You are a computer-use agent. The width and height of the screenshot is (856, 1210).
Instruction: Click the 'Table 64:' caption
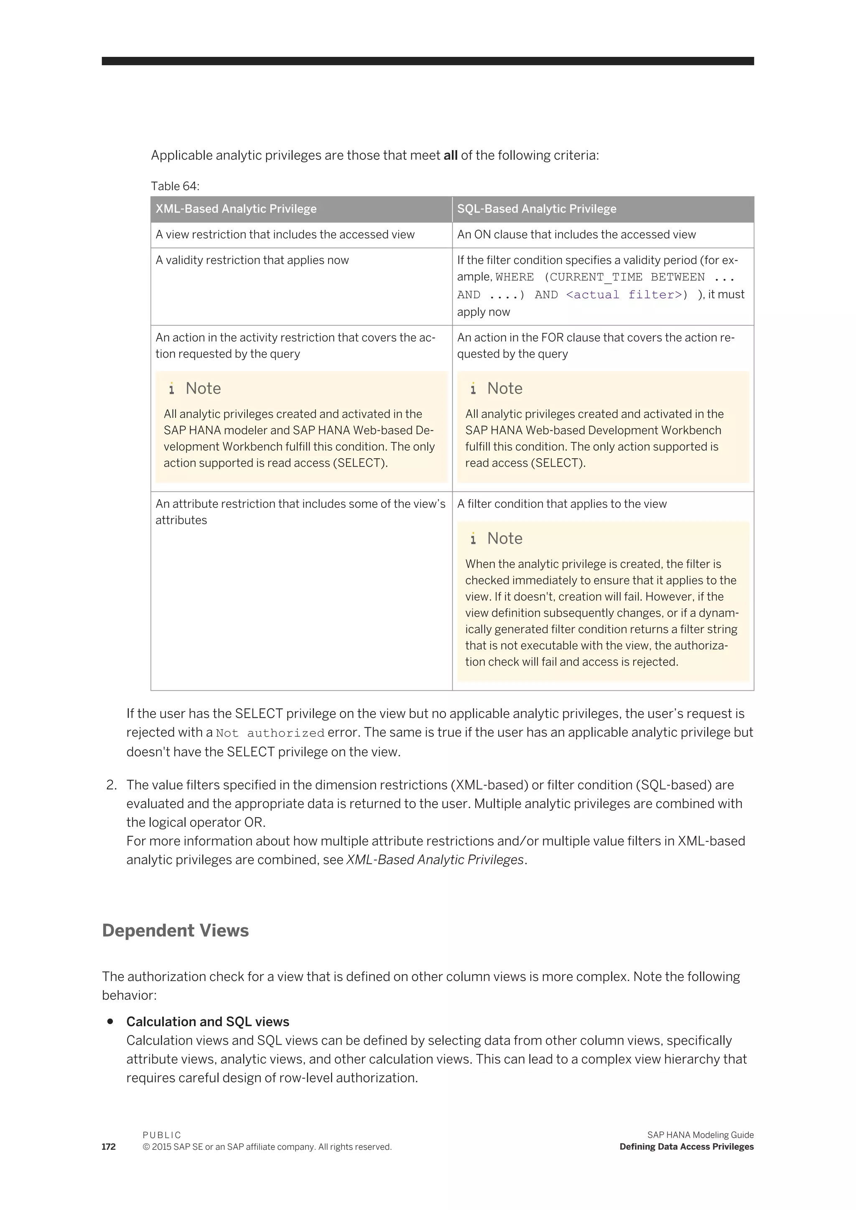pos(175,186)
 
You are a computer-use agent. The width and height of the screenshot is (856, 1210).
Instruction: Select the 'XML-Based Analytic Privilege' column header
pos(236,208)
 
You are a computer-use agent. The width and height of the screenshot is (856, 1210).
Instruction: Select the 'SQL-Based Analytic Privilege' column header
pos(536,208)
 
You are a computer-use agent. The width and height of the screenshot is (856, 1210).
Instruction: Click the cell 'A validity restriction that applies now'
pos(252,260)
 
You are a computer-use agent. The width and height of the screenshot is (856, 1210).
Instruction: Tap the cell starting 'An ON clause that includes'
pos(576,234)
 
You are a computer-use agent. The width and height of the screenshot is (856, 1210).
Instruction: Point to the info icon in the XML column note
pos(171,389)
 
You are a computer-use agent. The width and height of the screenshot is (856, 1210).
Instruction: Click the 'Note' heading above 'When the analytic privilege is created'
pos(504,538)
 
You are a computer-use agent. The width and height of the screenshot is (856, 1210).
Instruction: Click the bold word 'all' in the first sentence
pos(450,155)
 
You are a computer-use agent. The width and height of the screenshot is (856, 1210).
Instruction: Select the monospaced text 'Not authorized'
pos(270,733)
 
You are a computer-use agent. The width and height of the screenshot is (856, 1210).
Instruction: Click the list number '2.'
pos(111,785)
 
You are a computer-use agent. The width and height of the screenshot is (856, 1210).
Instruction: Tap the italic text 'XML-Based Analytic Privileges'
pos(435,859)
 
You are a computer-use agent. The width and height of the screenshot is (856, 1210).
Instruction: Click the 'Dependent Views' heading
pos(175,930)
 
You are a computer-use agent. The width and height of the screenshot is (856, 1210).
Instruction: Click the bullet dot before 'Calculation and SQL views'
pos(110,1021)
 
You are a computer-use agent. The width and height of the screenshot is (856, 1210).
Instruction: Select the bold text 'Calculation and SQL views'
pos(208,1022)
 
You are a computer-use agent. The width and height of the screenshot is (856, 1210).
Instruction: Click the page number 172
pos(109,1147)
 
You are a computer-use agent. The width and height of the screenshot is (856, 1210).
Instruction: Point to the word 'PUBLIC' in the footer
pos(162,1135)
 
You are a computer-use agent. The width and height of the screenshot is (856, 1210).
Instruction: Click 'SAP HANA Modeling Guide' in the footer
pos(700,1135)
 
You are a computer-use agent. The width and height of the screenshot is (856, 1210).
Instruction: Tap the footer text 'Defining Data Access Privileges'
pos(686,1147)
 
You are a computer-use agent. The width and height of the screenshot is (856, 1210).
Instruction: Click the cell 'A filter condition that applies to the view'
pos(561,504)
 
